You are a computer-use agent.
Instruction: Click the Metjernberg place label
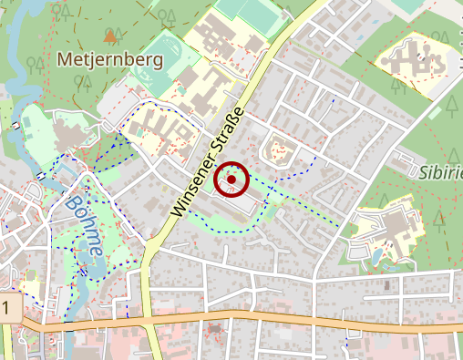(108, 61)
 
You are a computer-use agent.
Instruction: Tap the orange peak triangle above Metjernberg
(110, 36)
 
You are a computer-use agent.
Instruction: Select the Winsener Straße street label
(209, 161)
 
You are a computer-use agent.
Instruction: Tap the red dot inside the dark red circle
(231, 180)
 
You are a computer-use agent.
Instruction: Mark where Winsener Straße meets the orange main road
(146, 318)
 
